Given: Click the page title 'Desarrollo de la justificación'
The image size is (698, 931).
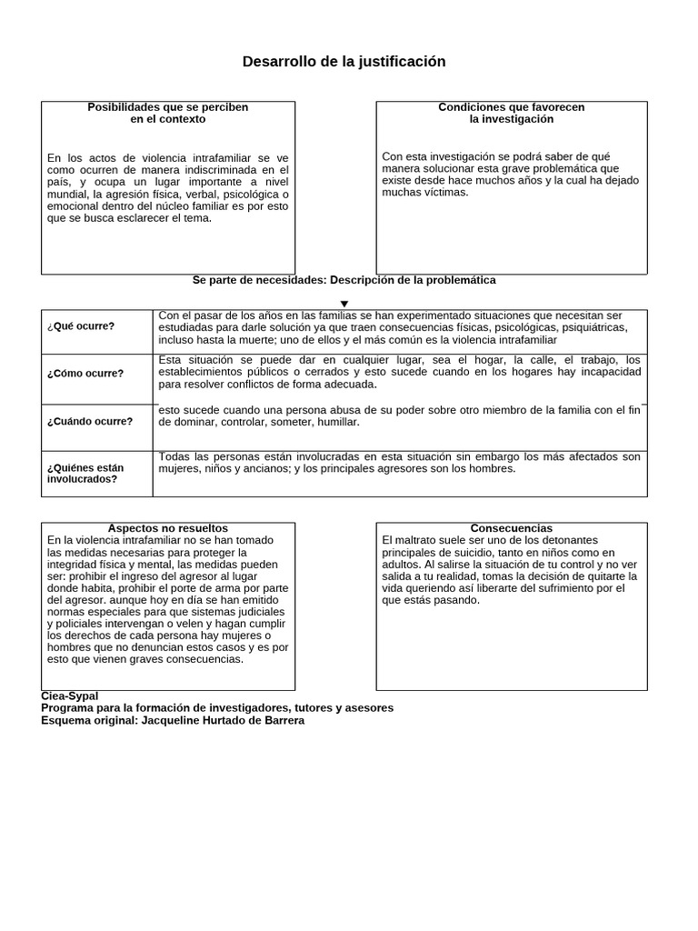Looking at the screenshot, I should (x=344, y=62).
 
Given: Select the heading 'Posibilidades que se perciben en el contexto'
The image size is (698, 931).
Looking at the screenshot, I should (x=167, y=113).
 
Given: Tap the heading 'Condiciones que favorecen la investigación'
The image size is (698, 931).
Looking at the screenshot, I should (x=511, y=113).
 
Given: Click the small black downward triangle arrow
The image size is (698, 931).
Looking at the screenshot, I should (x=344, y=304).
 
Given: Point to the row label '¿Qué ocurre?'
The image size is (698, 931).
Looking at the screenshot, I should (x=81, y=326).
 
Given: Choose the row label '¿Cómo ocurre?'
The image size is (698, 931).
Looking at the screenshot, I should (x=85, y=373).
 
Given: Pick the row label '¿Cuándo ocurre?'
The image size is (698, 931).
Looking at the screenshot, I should (x=89, y=421).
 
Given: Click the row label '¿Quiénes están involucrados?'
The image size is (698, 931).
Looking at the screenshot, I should (x=85, y=473).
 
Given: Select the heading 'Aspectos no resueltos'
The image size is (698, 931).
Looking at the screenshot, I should (x=167, y=528).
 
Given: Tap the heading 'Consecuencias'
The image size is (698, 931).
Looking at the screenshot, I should (x=511, y=528).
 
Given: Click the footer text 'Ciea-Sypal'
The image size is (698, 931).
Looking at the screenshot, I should (x=69, y=696).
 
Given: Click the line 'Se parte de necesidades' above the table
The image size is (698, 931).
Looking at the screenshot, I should (x=259, y=280).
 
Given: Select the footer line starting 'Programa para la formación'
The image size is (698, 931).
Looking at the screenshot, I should (x=217, y=707).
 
